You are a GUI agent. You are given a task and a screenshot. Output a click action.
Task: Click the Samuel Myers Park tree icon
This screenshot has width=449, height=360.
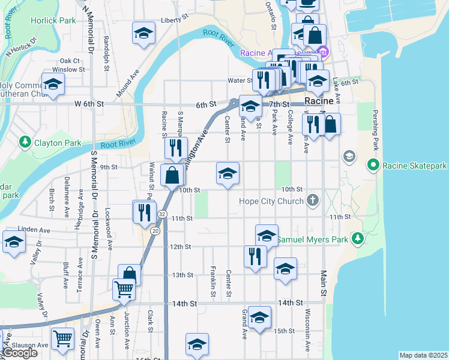coord(358,239)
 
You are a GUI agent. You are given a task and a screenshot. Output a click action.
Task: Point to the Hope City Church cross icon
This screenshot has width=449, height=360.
coord(312,201)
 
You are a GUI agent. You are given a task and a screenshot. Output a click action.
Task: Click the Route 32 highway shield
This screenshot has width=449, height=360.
coord(162,214)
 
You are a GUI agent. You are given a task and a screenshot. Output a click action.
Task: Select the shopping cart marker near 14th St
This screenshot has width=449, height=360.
coord(124,289)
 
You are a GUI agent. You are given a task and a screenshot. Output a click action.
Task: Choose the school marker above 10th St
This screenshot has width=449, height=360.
coord(228,173)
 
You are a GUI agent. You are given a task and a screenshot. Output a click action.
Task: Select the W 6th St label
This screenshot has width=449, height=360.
coord(89,104)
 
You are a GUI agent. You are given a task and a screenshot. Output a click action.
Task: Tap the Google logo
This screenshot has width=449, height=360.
coord(20,353)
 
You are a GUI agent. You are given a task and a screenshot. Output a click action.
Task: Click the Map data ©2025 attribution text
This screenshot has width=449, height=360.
coord(423,355)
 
